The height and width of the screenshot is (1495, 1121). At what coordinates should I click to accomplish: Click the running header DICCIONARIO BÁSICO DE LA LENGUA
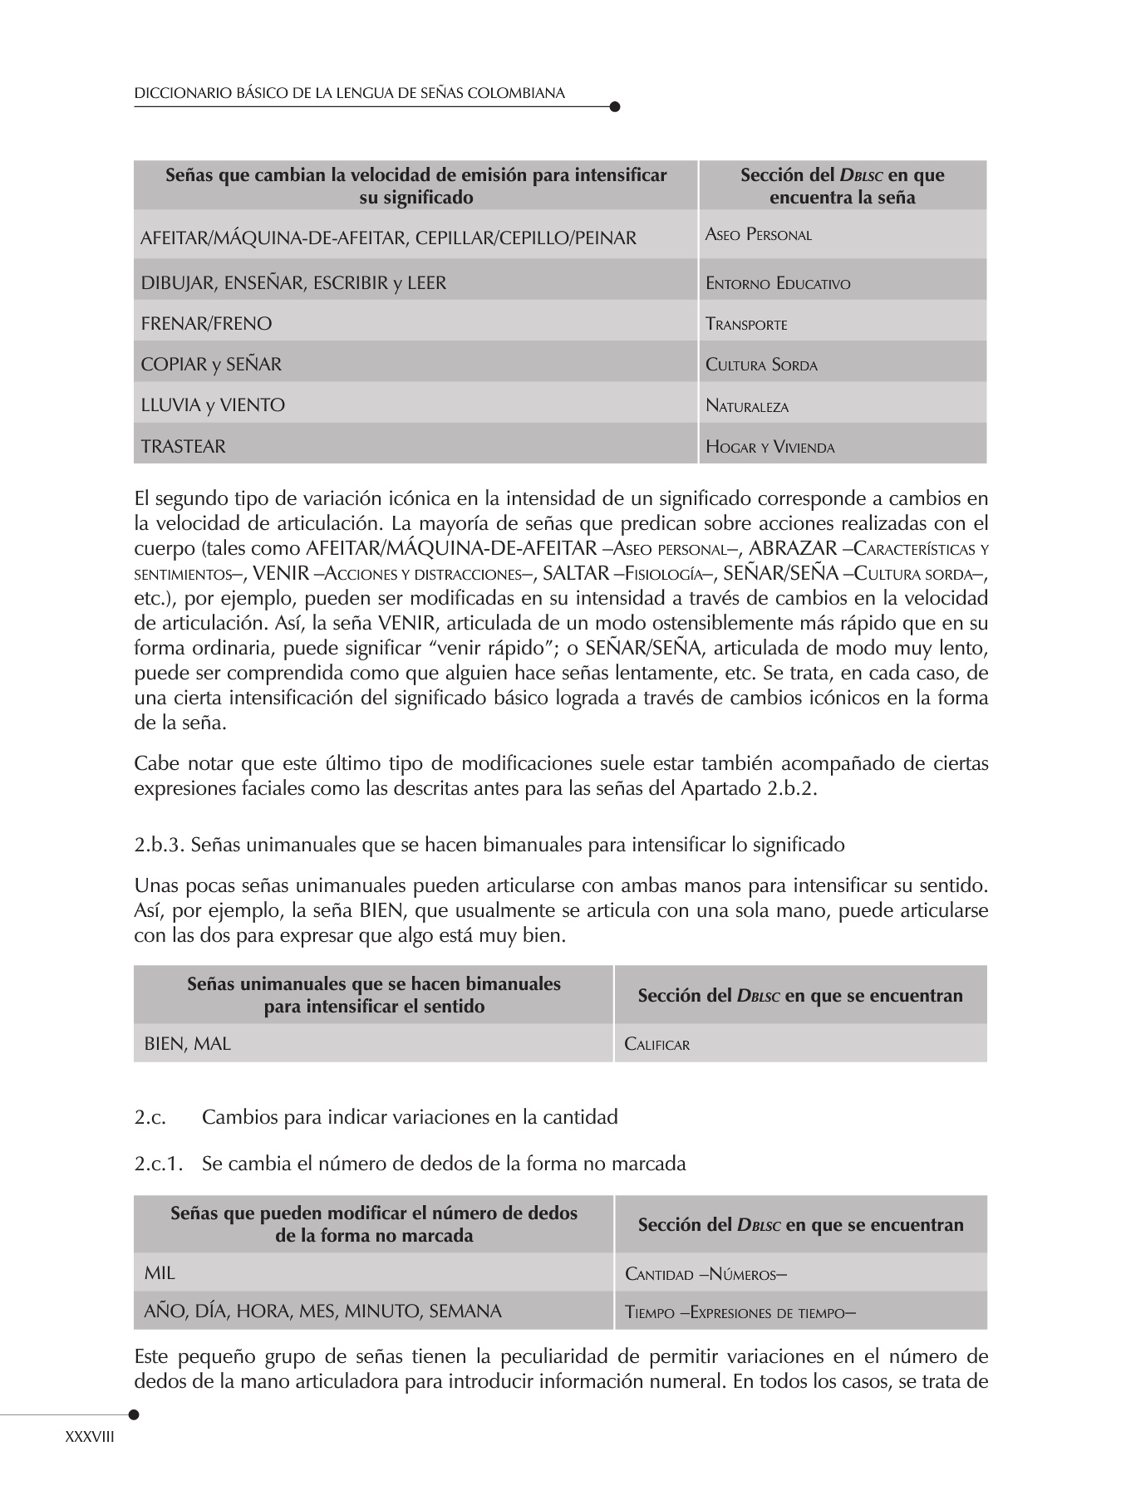click(x=349, y=94)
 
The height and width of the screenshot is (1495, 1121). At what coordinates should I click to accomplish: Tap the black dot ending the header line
click(x=615, y=106)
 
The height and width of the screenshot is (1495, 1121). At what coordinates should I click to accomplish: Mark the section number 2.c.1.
click(x=158, y=1164)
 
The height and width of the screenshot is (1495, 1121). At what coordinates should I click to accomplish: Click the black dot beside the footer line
click(x=134, y=1414)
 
